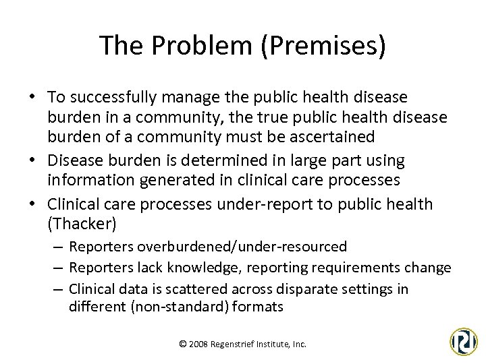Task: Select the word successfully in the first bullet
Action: [x=111, y=98]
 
